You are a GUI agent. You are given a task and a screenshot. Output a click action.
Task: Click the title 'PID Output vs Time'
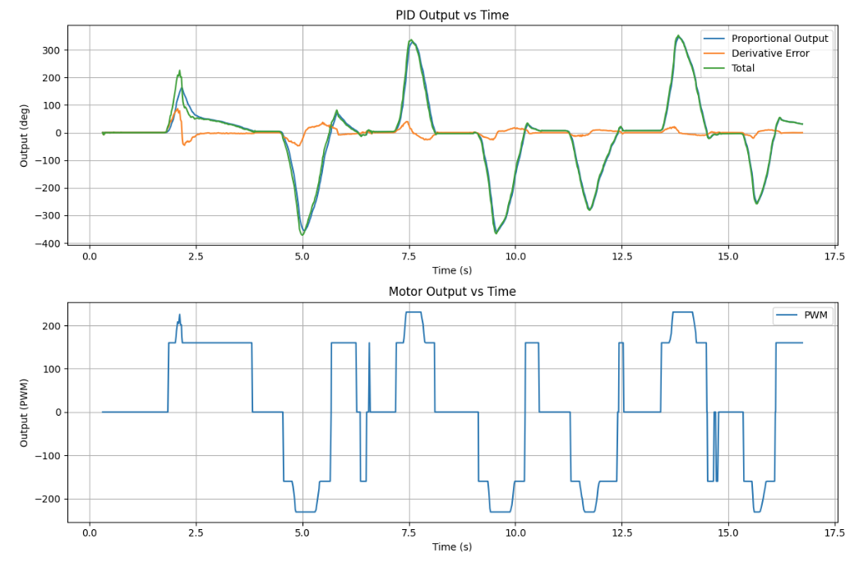[451, 15]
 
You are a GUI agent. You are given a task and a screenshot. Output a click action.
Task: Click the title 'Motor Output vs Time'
[451, 292]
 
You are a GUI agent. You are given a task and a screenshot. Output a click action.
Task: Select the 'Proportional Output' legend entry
[779, 39]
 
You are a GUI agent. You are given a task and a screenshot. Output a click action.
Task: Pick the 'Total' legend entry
[743, 68]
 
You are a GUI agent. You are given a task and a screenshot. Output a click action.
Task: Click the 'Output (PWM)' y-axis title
[25, 412]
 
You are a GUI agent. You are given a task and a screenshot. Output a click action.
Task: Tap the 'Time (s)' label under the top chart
[451, 269]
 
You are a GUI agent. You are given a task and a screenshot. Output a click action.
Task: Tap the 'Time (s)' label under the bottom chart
[451, 546]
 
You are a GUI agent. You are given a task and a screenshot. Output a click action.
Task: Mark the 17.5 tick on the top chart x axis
[834, 256]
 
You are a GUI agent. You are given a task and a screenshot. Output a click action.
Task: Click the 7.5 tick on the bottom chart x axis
[409, 532]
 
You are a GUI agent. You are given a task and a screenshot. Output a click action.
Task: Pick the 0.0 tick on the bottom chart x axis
[90, 532]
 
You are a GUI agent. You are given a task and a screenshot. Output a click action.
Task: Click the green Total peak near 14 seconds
[678, 36]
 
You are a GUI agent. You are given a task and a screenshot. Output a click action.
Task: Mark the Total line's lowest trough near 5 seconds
[302, 235]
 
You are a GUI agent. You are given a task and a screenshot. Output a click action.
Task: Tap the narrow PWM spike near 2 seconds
[179, 315]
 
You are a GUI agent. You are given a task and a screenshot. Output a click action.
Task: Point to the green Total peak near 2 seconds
[179, 71]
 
